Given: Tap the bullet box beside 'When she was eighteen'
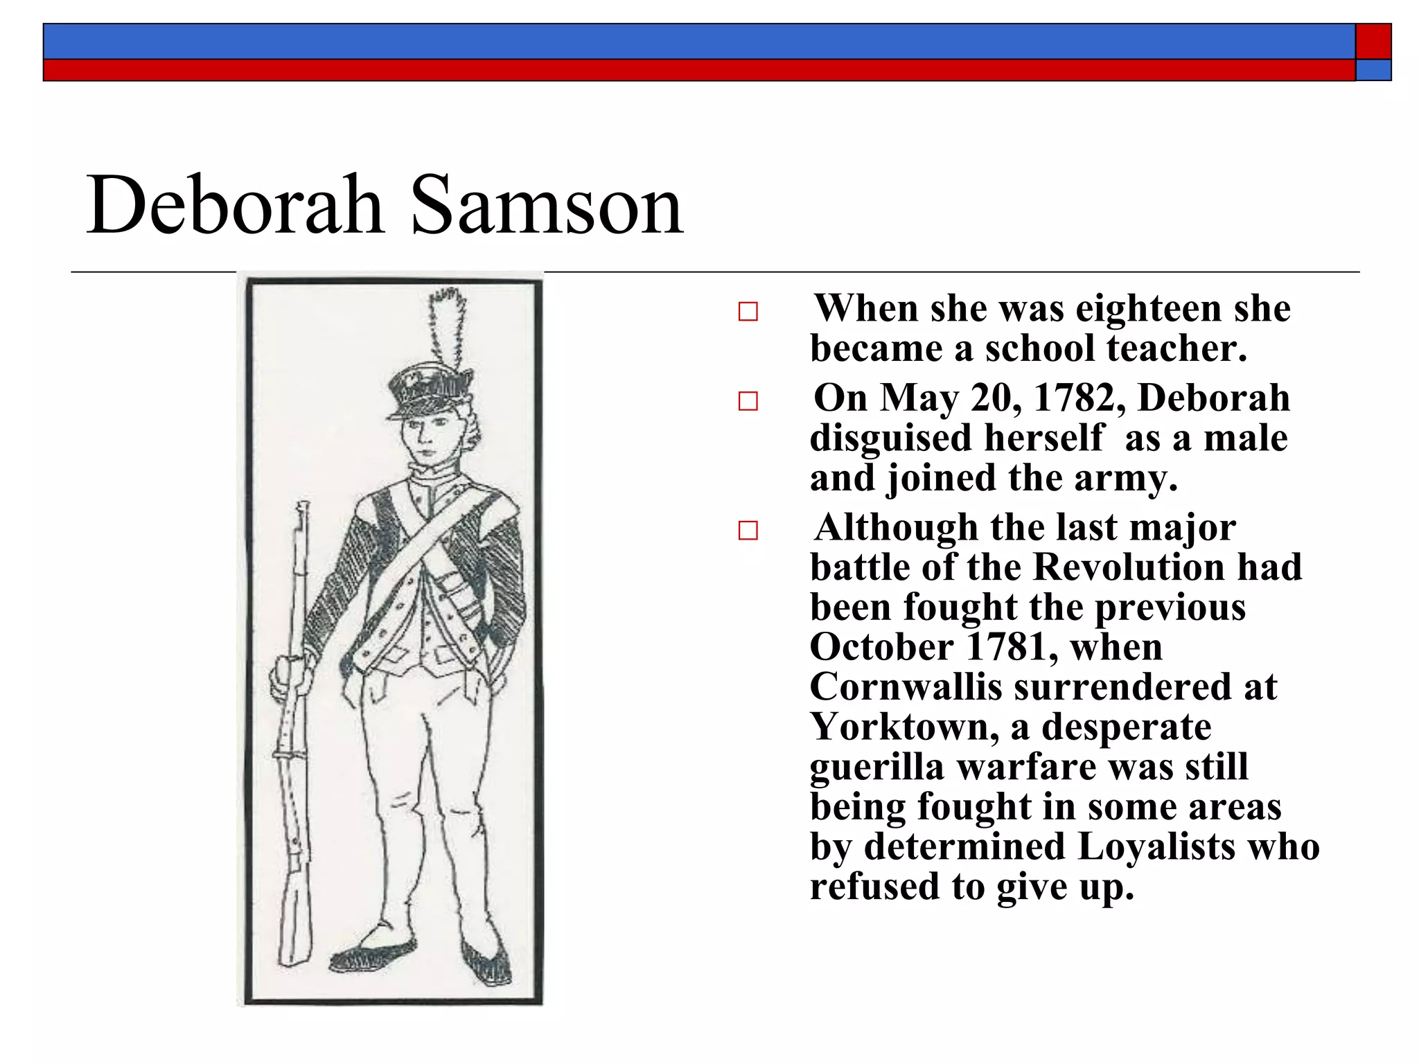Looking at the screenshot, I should (748, 312).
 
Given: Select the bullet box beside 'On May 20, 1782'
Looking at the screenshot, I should (748, 401).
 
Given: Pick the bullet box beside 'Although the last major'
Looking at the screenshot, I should (748, 531).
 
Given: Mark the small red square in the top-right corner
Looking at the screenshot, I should (1373, 42).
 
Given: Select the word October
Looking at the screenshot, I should (881, 648).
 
